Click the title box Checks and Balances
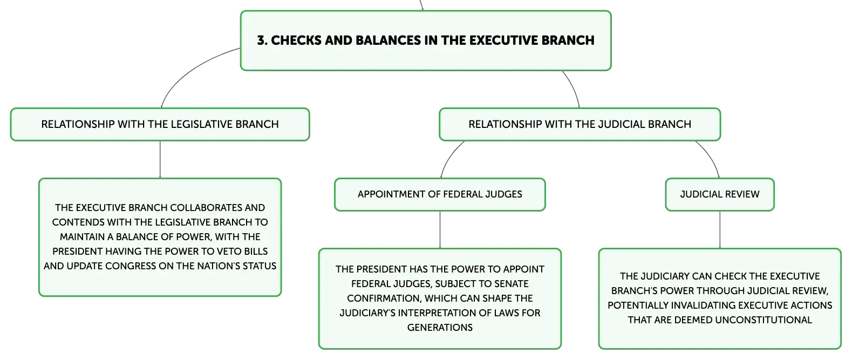(x=426, y=40)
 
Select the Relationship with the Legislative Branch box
(x=160, y=125)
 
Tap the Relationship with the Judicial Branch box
(x=580, y=125)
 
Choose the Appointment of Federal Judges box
(x=440, y=194)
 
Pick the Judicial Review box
(x=720, y=194)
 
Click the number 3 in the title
(x=262, y=40)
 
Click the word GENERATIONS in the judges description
(x=440, y=328)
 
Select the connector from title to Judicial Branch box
(x=574, y=89)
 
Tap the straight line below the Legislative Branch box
(x=160, y=159)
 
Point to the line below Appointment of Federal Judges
(x=440, y=230)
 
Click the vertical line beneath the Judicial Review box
(x=720, y=230)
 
